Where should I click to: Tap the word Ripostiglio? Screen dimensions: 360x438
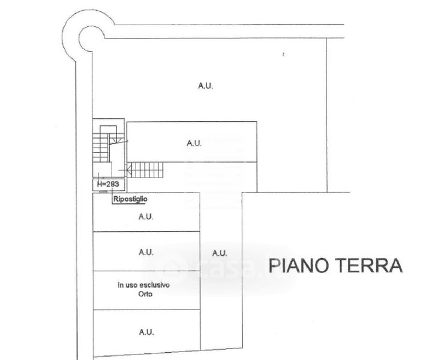pyautogui.click(x=130, y=198)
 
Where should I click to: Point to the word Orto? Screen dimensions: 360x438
pyautogui.click(x=144, y=294)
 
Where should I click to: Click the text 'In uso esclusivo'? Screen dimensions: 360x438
pyautogui.click(x=144, y=285)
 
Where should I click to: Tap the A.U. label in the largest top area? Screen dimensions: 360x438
pyautogui.click(x=206, y=86)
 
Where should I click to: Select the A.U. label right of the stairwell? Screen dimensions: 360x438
pyautogui.click(x=193, y=143)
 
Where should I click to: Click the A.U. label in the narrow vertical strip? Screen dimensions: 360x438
pyautogui.click(x=220, y=253)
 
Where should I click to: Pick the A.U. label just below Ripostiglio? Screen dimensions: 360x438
pyautogui.click(x=146, y=217)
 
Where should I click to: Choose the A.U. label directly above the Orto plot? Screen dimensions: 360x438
pyautogui.click(x=146, y=252)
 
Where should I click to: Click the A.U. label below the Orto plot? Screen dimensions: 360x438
pyautogui.click(x=146, y=331)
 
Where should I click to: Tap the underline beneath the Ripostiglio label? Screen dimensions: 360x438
pyautogui.click(x=130, y=203)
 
